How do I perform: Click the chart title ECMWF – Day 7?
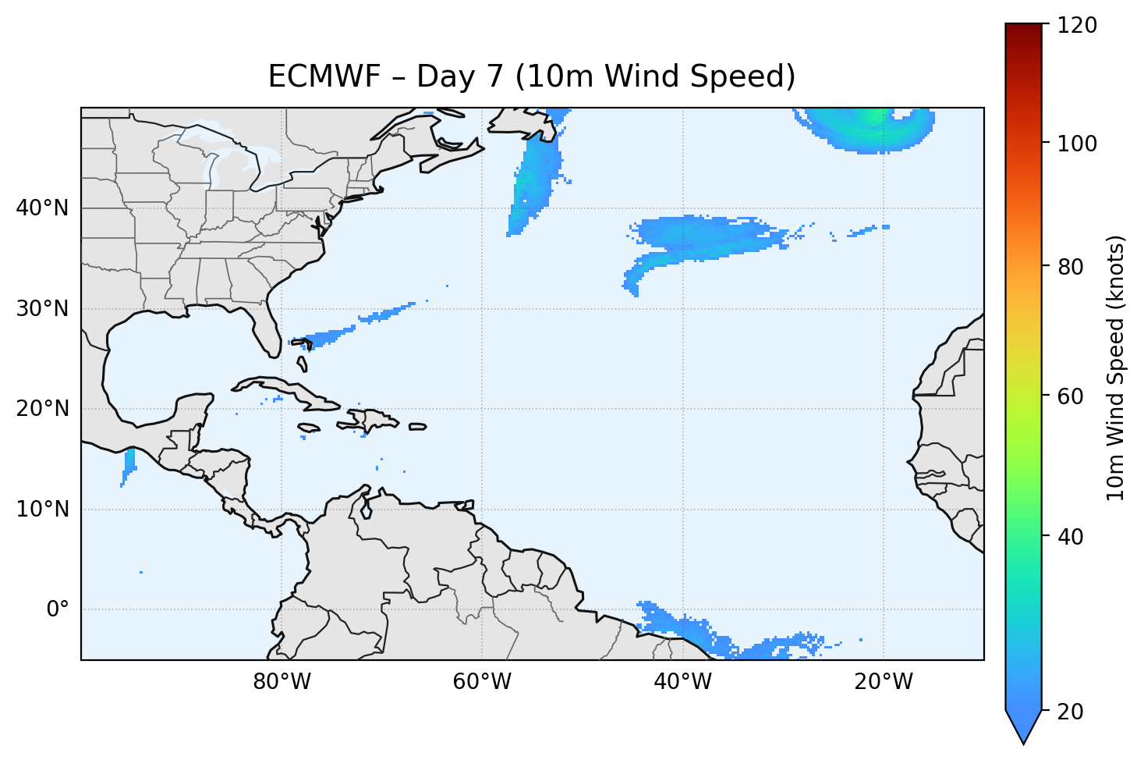532,76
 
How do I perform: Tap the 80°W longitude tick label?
282,682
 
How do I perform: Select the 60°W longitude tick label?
482,682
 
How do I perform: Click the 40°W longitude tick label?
682,682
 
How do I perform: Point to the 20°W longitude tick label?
883,682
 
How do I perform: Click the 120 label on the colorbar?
1078,25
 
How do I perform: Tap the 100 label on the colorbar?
1078,144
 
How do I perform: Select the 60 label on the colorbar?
1074,396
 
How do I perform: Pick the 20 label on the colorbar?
1074,712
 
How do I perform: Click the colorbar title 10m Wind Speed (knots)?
1116,368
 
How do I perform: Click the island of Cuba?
296,393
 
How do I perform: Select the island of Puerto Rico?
418,427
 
